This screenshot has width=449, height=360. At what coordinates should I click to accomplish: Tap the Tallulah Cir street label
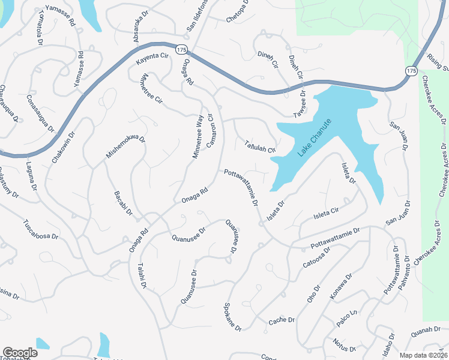click(x=259, y=146)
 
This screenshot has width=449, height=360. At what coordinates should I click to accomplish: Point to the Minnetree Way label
click(x=197, y=137)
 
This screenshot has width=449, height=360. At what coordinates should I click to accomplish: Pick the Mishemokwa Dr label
click(x=125, y=146)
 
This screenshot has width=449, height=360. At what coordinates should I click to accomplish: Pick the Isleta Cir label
click(x=327, y=212)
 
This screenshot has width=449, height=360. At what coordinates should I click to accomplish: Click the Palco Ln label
click(x=346, y=319)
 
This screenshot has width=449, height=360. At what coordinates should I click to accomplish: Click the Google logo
click(x=20, y=353)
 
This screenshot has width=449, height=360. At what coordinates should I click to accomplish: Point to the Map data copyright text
click(x=423, y=355)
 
